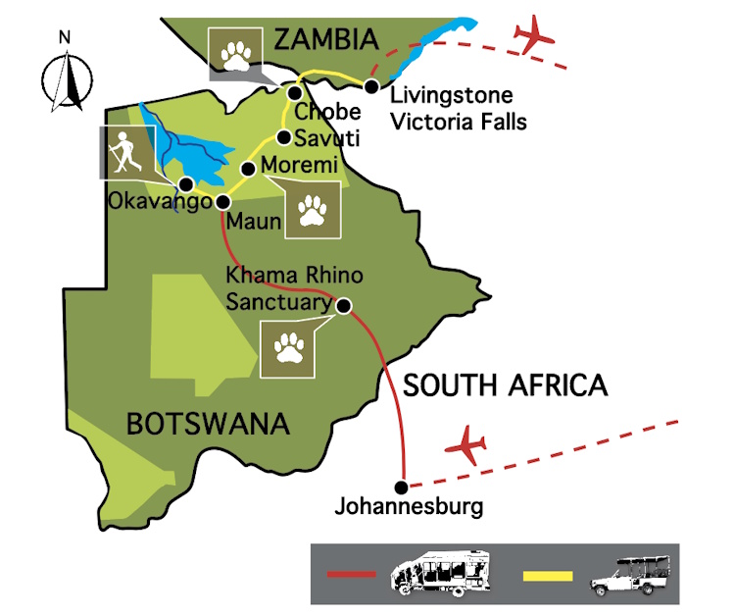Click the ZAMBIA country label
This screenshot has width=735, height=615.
tap(325, 39)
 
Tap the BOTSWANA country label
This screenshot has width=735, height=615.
tap(208, 424)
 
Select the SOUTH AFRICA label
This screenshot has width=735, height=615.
tap(506, 385)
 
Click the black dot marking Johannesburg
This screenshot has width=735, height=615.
tap(400, 487)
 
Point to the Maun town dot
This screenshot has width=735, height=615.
tap(222, 202)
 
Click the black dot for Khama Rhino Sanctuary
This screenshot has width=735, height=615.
tap(344, 305)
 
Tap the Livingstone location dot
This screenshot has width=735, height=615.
tap(371, 87)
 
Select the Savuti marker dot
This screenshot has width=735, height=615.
tap(283, 137)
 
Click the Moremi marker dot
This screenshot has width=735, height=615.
tap(248, 169)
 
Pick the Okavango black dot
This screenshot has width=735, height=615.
tap(185, 184)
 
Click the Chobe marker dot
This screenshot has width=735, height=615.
tap(294, 93)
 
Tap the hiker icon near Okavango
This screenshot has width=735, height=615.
tap(124, 152)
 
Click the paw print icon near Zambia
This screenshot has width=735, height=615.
tap(237, 55)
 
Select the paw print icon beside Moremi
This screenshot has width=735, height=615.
tap(313, 209)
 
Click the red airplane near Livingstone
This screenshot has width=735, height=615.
tap(534, 35)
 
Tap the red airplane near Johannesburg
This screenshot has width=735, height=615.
tap(466, 446)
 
